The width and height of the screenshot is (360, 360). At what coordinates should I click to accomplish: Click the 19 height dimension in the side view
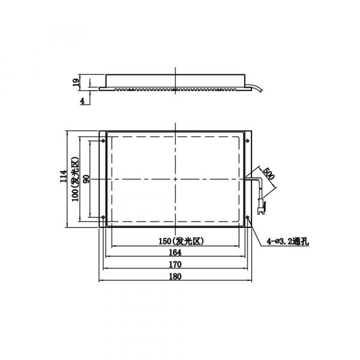point(76,82)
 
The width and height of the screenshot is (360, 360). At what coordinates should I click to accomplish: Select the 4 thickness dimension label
point(82,101)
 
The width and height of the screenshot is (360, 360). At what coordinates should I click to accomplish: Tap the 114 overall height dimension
point(64,176)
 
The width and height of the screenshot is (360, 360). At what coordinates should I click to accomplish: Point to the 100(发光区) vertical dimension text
point(76,179)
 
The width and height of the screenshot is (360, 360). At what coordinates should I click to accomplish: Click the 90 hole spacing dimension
point(86,179)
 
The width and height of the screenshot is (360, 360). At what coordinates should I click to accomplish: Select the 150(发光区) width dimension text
point(181,241)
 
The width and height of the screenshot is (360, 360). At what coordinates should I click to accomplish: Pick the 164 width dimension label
point(175,253)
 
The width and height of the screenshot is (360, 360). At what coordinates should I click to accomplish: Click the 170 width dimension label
point(175,265)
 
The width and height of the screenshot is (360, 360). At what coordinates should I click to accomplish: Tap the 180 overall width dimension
point(175,277)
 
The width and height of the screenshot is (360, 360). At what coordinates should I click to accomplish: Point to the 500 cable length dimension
point(269,173)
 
